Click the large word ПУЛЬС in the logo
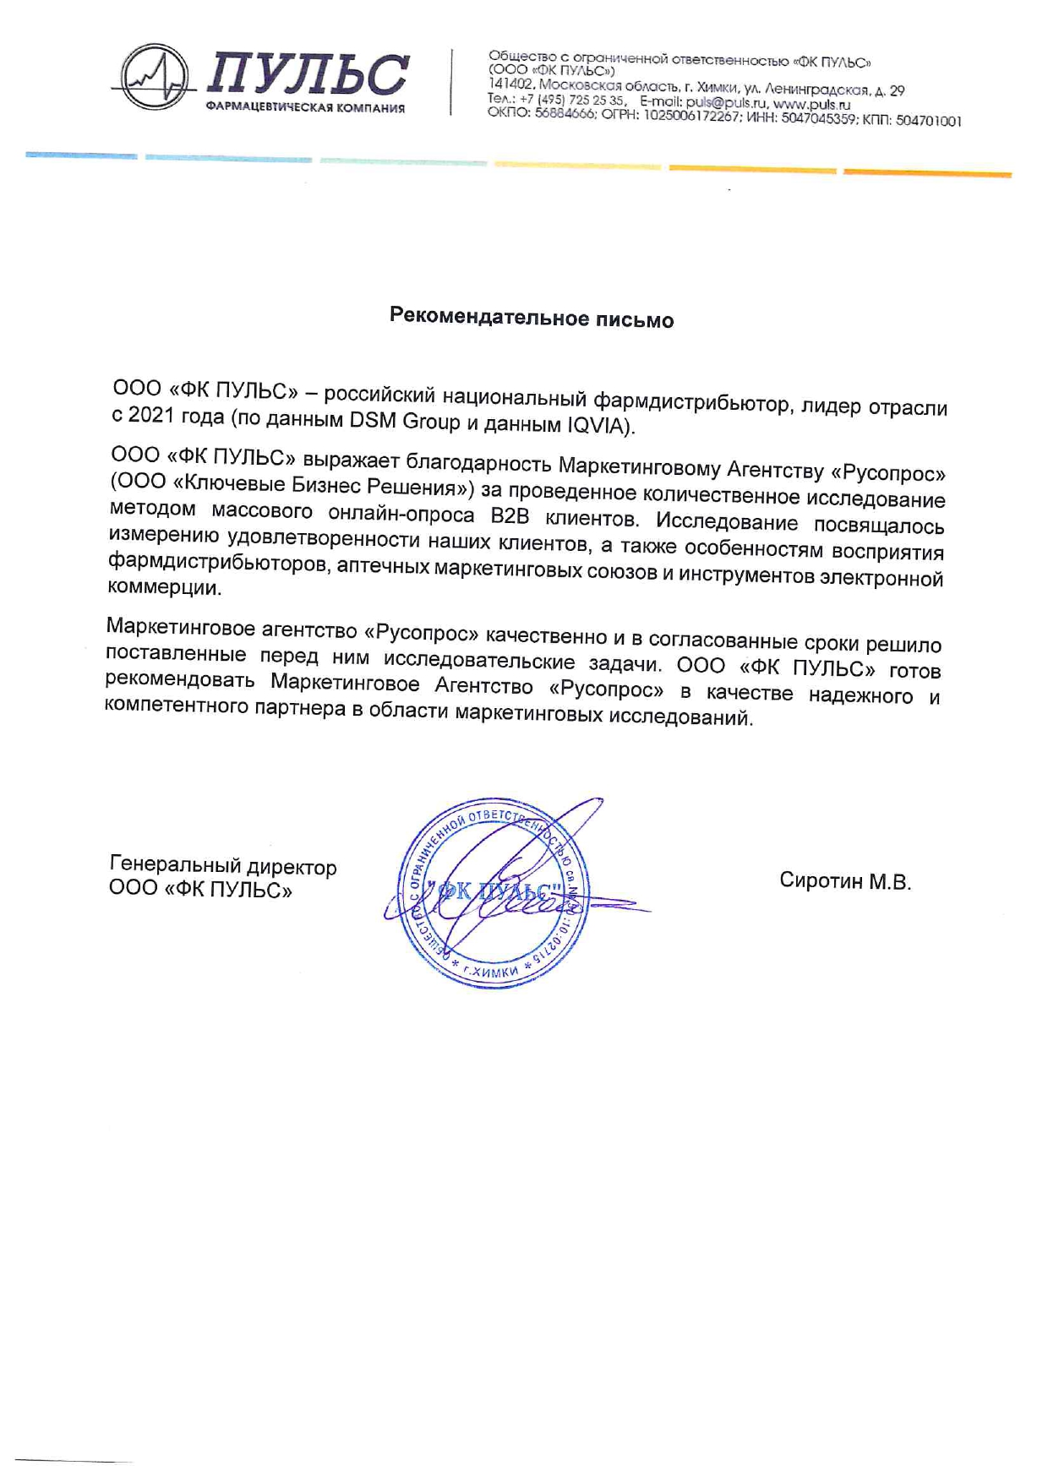306,74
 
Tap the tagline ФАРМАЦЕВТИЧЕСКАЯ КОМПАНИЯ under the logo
305,108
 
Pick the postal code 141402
510,84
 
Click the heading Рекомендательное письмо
532,319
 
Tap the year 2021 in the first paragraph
150,416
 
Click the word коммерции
165,587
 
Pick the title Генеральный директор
223,866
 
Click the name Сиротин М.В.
845,881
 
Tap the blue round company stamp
493,893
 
